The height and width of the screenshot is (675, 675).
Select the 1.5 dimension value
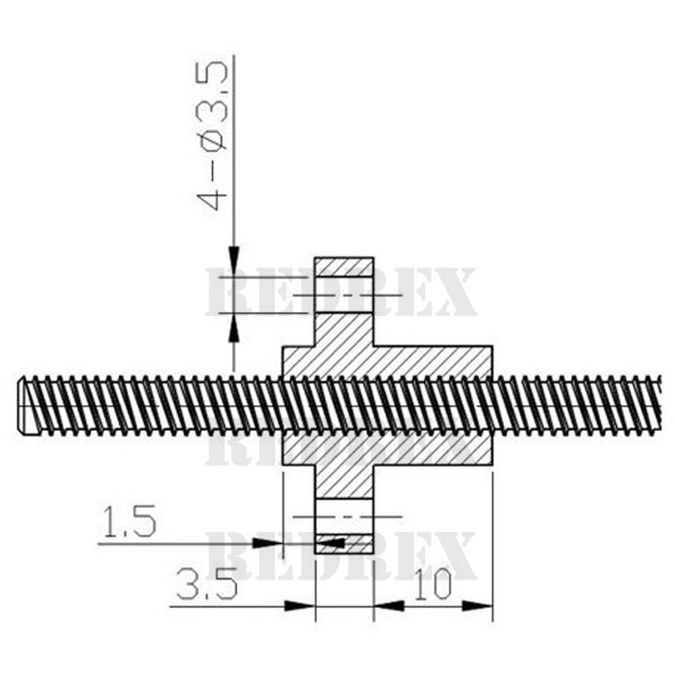129,522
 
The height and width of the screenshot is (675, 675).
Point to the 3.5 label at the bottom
207,584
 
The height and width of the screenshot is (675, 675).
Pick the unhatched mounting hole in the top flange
344,294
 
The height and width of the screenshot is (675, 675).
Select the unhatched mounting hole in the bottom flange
344,517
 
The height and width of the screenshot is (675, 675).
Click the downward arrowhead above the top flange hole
233,261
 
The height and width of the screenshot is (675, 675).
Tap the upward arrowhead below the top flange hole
233,328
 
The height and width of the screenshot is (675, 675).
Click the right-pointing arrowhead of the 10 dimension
477,606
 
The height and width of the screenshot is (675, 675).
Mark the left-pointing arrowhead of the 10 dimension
389,606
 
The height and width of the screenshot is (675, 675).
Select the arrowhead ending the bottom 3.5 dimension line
301,606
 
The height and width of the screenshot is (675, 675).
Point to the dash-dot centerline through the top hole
347,295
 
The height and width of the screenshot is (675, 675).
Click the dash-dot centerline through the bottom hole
347,516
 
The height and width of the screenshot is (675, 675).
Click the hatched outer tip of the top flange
344,267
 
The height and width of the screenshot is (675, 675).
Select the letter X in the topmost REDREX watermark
453,291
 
